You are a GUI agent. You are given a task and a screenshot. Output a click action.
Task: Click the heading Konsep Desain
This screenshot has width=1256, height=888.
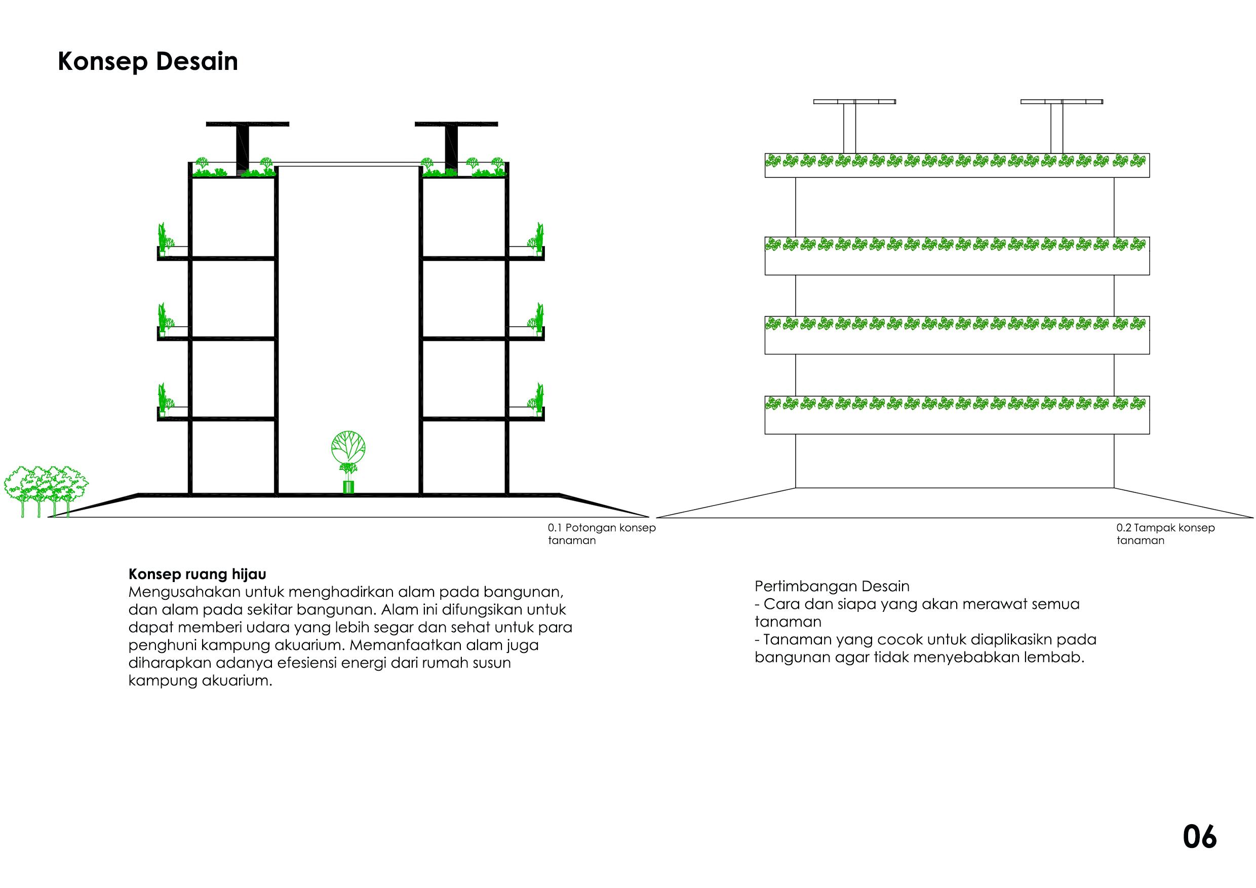pos(148,61)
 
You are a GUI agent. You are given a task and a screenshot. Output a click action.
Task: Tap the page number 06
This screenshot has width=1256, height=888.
pos(1199,837)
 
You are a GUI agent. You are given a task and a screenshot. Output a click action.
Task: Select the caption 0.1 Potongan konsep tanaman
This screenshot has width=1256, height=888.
pos(601,534)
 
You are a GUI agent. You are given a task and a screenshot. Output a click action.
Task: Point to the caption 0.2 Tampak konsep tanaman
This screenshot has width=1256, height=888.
pos(1165,534)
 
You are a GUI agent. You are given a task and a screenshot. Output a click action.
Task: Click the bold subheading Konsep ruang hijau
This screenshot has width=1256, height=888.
pos(198,574)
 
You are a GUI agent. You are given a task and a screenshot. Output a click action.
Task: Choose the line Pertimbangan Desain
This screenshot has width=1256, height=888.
pos(832,587)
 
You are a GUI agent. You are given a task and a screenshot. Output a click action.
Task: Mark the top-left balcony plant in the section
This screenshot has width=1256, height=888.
pos(163,239)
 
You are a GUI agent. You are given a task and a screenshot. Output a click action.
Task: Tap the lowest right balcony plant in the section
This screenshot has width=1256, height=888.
pos(537,399)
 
